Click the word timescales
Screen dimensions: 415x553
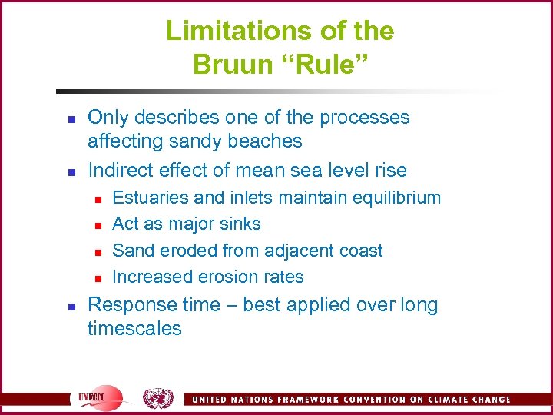click(134, 329)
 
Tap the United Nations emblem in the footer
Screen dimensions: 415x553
click(158, 398)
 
